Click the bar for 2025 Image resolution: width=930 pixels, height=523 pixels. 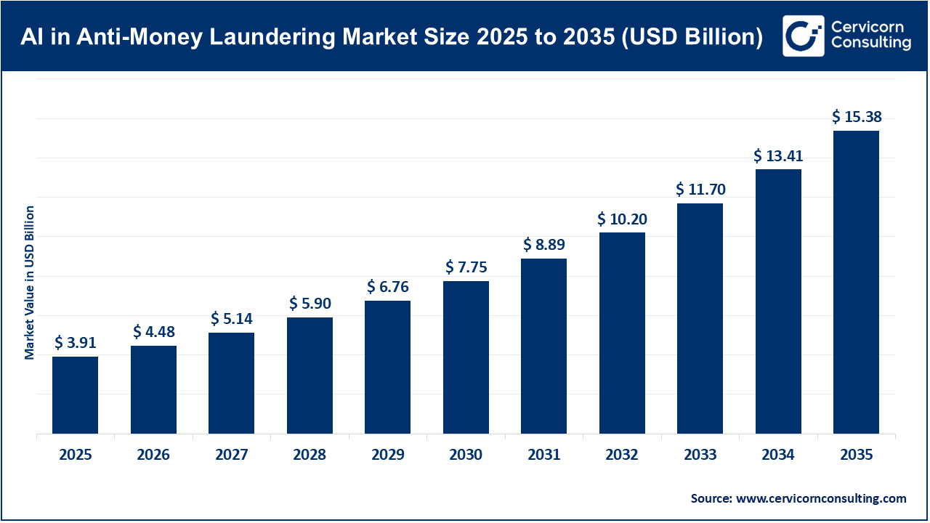point(75,395)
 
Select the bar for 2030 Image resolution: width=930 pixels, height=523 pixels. point(466,357)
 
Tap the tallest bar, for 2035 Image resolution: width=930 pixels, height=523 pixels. point(856,282)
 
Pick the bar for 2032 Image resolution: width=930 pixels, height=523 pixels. point(622,333)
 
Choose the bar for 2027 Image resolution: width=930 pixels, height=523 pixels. point(231,383)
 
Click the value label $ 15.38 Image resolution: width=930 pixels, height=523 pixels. point(856,116)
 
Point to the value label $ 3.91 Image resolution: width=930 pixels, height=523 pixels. point(75,342)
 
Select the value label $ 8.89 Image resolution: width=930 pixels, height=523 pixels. point(543,244)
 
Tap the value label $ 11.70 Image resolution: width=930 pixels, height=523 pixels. point(700,190)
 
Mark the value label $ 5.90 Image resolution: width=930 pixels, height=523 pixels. point(310,303)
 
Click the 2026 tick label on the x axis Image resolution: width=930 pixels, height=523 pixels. point(153,455)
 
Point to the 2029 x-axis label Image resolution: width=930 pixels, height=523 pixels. point(387,455)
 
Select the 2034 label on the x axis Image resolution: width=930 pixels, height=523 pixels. point(778,455)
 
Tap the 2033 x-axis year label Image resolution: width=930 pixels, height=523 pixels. point(700,455)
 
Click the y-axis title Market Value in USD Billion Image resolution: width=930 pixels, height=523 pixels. point(30,283)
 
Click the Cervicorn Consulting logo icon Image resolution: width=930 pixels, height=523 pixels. point(803,36)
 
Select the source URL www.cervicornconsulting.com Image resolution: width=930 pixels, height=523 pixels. point(821,498)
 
